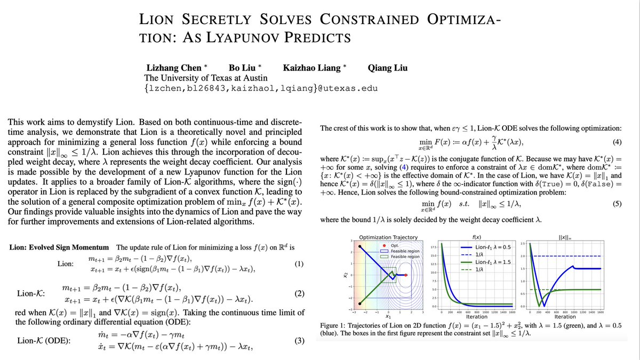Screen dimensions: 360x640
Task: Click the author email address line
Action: click(261, 88)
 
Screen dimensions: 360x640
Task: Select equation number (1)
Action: click(299, 264)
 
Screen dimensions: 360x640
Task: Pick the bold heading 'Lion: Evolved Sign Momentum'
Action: click(60, 247)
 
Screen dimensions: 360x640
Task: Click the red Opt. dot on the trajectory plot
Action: click(406, 275)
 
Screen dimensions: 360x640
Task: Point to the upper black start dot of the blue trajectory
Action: click(361, 247)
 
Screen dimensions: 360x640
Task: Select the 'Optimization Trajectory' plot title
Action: click(388, 237)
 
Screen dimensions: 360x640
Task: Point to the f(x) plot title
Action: click(477, 237)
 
